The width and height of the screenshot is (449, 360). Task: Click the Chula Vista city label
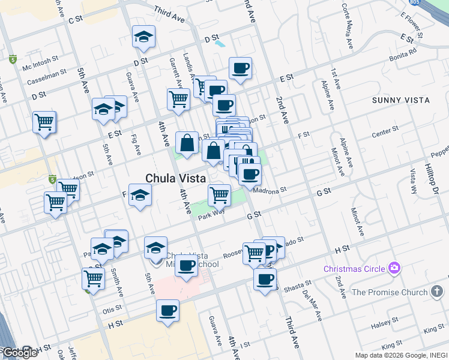(176, 178)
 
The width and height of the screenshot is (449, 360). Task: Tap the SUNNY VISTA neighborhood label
(401, 100)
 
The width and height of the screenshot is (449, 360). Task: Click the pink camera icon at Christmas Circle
(394, 268)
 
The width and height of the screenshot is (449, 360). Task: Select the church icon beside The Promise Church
(438, 292)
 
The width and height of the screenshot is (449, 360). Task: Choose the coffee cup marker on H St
(167, 311)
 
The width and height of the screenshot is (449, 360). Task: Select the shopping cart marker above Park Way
(219, 194)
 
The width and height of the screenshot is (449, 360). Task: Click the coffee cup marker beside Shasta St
(265, 279)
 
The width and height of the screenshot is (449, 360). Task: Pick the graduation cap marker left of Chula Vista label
(140, 196)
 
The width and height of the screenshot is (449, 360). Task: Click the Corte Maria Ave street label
(348, 28)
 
